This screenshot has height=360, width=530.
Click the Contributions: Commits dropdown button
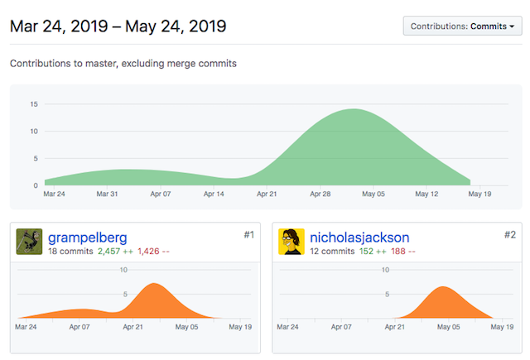(x=462, y=26)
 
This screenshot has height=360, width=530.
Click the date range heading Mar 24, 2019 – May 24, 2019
(x=118, y=26)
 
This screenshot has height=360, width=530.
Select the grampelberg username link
(x=87, y=238)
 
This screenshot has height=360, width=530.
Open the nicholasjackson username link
(x=359, y=238)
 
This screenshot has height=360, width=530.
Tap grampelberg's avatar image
(x=29, y=242)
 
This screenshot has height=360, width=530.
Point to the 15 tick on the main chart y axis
(x=34, y=104)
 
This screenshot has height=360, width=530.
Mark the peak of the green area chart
(x=354, y=110)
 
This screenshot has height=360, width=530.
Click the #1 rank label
(x=248, y=235)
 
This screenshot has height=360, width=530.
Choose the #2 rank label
(x=510, y=235)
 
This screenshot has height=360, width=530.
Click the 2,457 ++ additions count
(x=115, y=251)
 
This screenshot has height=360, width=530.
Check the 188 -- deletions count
(x=403, y=251)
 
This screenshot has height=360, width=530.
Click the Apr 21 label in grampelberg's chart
(x=133, y=327)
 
